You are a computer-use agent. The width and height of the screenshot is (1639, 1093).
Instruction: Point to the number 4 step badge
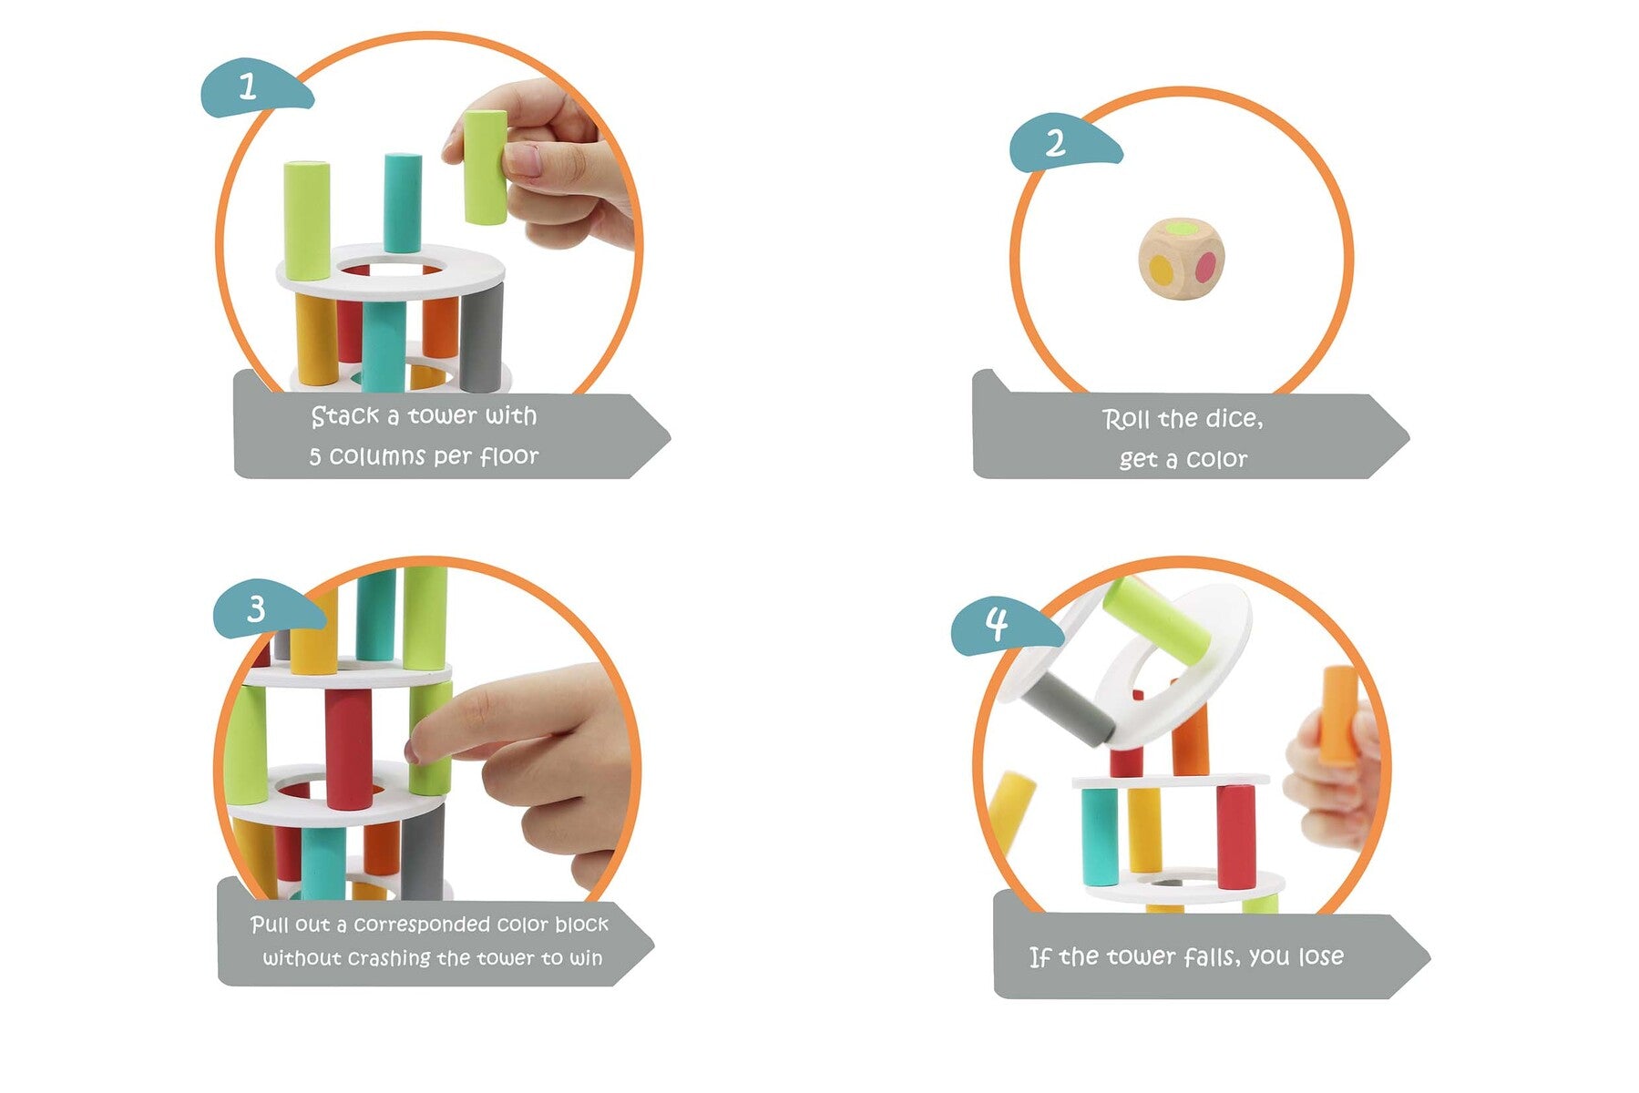tap(1000, 627)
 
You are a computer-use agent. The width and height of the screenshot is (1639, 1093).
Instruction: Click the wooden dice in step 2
tap(1181, 258)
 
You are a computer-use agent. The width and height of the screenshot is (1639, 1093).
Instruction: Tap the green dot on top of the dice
tap(1182, 228)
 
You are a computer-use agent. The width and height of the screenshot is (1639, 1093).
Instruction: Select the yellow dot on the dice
tap(1161, 270)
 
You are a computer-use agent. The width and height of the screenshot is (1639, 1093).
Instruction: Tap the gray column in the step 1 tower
tap(481, 337)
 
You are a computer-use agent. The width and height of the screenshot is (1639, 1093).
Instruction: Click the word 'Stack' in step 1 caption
tap(344, 416)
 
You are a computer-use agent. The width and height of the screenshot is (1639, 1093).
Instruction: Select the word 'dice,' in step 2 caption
tap(1234, 419)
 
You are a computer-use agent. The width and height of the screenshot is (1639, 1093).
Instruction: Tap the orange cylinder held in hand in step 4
tap(1338, 716)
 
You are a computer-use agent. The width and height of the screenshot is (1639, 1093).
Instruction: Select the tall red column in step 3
tap(349, 749)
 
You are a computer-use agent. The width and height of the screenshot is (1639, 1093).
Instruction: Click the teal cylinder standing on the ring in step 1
tap(402, 203)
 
